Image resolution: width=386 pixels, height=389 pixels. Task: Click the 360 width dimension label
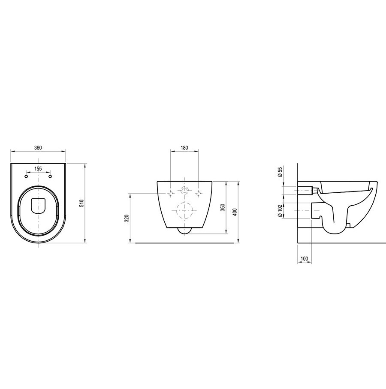point(38,148)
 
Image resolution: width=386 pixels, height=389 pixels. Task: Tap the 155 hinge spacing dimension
point(38,169)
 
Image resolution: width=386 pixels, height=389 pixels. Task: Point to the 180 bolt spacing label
point(184,148)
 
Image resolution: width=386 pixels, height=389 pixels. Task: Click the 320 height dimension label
point(127,218)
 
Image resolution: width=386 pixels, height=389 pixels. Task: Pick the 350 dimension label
point(223,207)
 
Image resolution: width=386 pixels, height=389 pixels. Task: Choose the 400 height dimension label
point(235,212)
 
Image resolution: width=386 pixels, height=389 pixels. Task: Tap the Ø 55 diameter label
point(280,172)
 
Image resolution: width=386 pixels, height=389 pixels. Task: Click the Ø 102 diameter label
point(280,211)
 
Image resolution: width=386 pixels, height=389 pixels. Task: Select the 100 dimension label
point(304,259)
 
